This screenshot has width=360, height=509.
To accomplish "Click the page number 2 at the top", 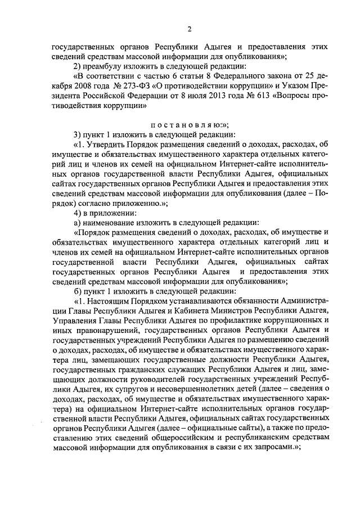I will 190,29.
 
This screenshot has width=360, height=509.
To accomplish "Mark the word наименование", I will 110,223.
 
